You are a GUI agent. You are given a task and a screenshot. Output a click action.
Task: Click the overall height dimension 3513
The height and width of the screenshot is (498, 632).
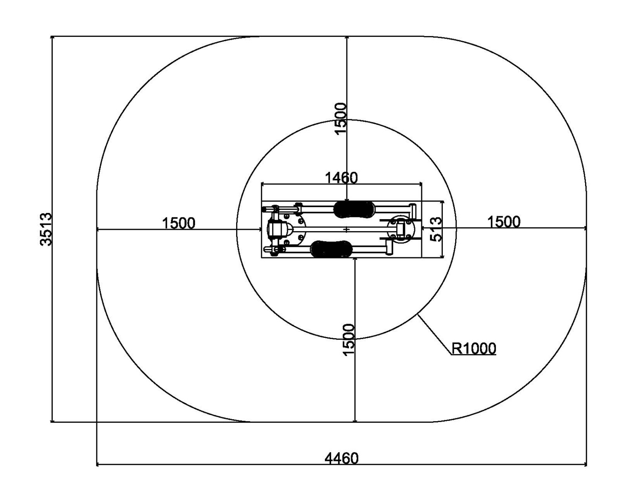[x=46, y=229]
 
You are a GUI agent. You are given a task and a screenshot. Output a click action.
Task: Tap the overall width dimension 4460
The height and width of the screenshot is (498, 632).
[x=341, y=459]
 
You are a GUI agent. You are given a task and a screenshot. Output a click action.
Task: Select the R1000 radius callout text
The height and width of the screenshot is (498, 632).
[x=473, y=349]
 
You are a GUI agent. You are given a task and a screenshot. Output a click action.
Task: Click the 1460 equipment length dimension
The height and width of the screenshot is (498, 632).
[x=341, y=178]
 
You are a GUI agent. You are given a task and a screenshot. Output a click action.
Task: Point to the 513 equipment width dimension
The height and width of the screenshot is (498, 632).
[x=436, y=229]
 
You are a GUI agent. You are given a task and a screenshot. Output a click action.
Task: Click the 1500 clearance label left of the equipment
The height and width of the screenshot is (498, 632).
[x=178, y=223]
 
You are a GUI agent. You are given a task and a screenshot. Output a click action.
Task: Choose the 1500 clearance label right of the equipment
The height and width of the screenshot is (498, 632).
[x=504, y=222]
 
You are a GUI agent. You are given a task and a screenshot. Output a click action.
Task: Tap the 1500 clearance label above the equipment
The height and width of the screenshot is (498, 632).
[x=341, y=118]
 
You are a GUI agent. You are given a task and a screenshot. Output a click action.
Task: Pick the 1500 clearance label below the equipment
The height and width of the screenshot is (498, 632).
[x=349, y=339]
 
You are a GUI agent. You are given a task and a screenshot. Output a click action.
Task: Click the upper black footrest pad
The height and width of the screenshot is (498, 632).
[x=355, y=209]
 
